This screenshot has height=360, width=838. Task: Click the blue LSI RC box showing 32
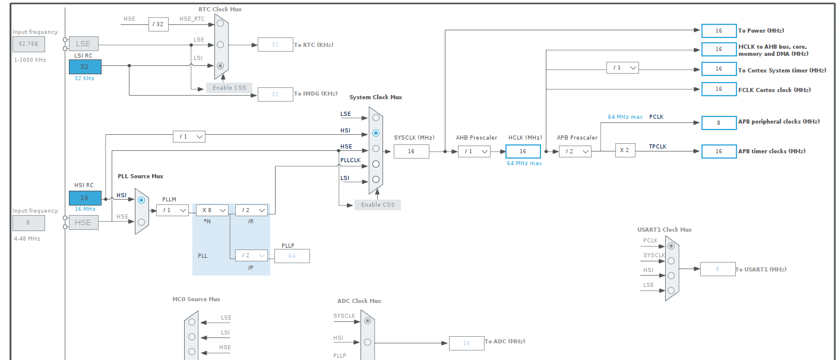point(85,67)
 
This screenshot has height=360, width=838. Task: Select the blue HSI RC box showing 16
point(85,198)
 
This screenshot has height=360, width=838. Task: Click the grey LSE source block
point(83,43)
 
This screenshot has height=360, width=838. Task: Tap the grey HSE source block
point(83,222)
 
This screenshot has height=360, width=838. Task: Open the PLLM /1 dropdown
point(172,210)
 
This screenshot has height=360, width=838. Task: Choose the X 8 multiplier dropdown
point(212,210)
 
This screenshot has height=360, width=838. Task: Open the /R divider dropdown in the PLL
point(251,210)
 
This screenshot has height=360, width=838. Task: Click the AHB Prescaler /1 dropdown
point(474,151)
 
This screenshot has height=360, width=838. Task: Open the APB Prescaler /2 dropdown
point(575,151)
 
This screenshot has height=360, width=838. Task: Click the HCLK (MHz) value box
point(523,151)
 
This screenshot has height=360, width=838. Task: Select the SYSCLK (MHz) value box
point(411,151)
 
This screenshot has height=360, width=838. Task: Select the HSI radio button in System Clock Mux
point(375,133)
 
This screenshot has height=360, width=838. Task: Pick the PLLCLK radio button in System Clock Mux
point(375,164)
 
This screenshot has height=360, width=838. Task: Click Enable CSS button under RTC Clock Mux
point(229,88)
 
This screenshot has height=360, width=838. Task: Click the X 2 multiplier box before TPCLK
point(625,151)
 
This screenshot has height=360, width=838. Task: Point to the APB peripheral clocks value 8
point(719,123)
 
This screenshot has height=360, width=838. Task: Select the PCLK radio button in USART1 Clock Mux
point(671,245)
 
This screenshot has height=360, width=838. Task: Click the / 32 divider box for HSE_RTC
point(159,24)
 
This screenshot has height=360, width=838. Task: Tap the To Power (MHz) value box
point(719,31)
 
